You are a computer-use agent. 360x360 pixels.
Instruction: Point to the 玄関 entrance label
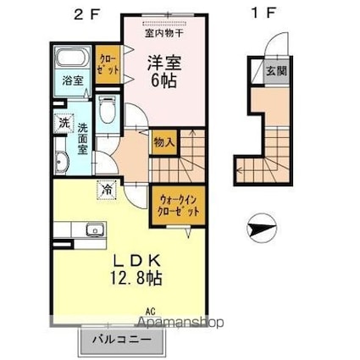(x=276, y=71)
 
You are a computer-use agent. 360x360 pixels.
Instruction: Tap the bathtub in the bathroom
(x=71, y=60)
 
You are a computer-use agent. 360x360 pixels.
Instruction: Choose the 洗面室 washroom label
(x=83, y=139)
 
